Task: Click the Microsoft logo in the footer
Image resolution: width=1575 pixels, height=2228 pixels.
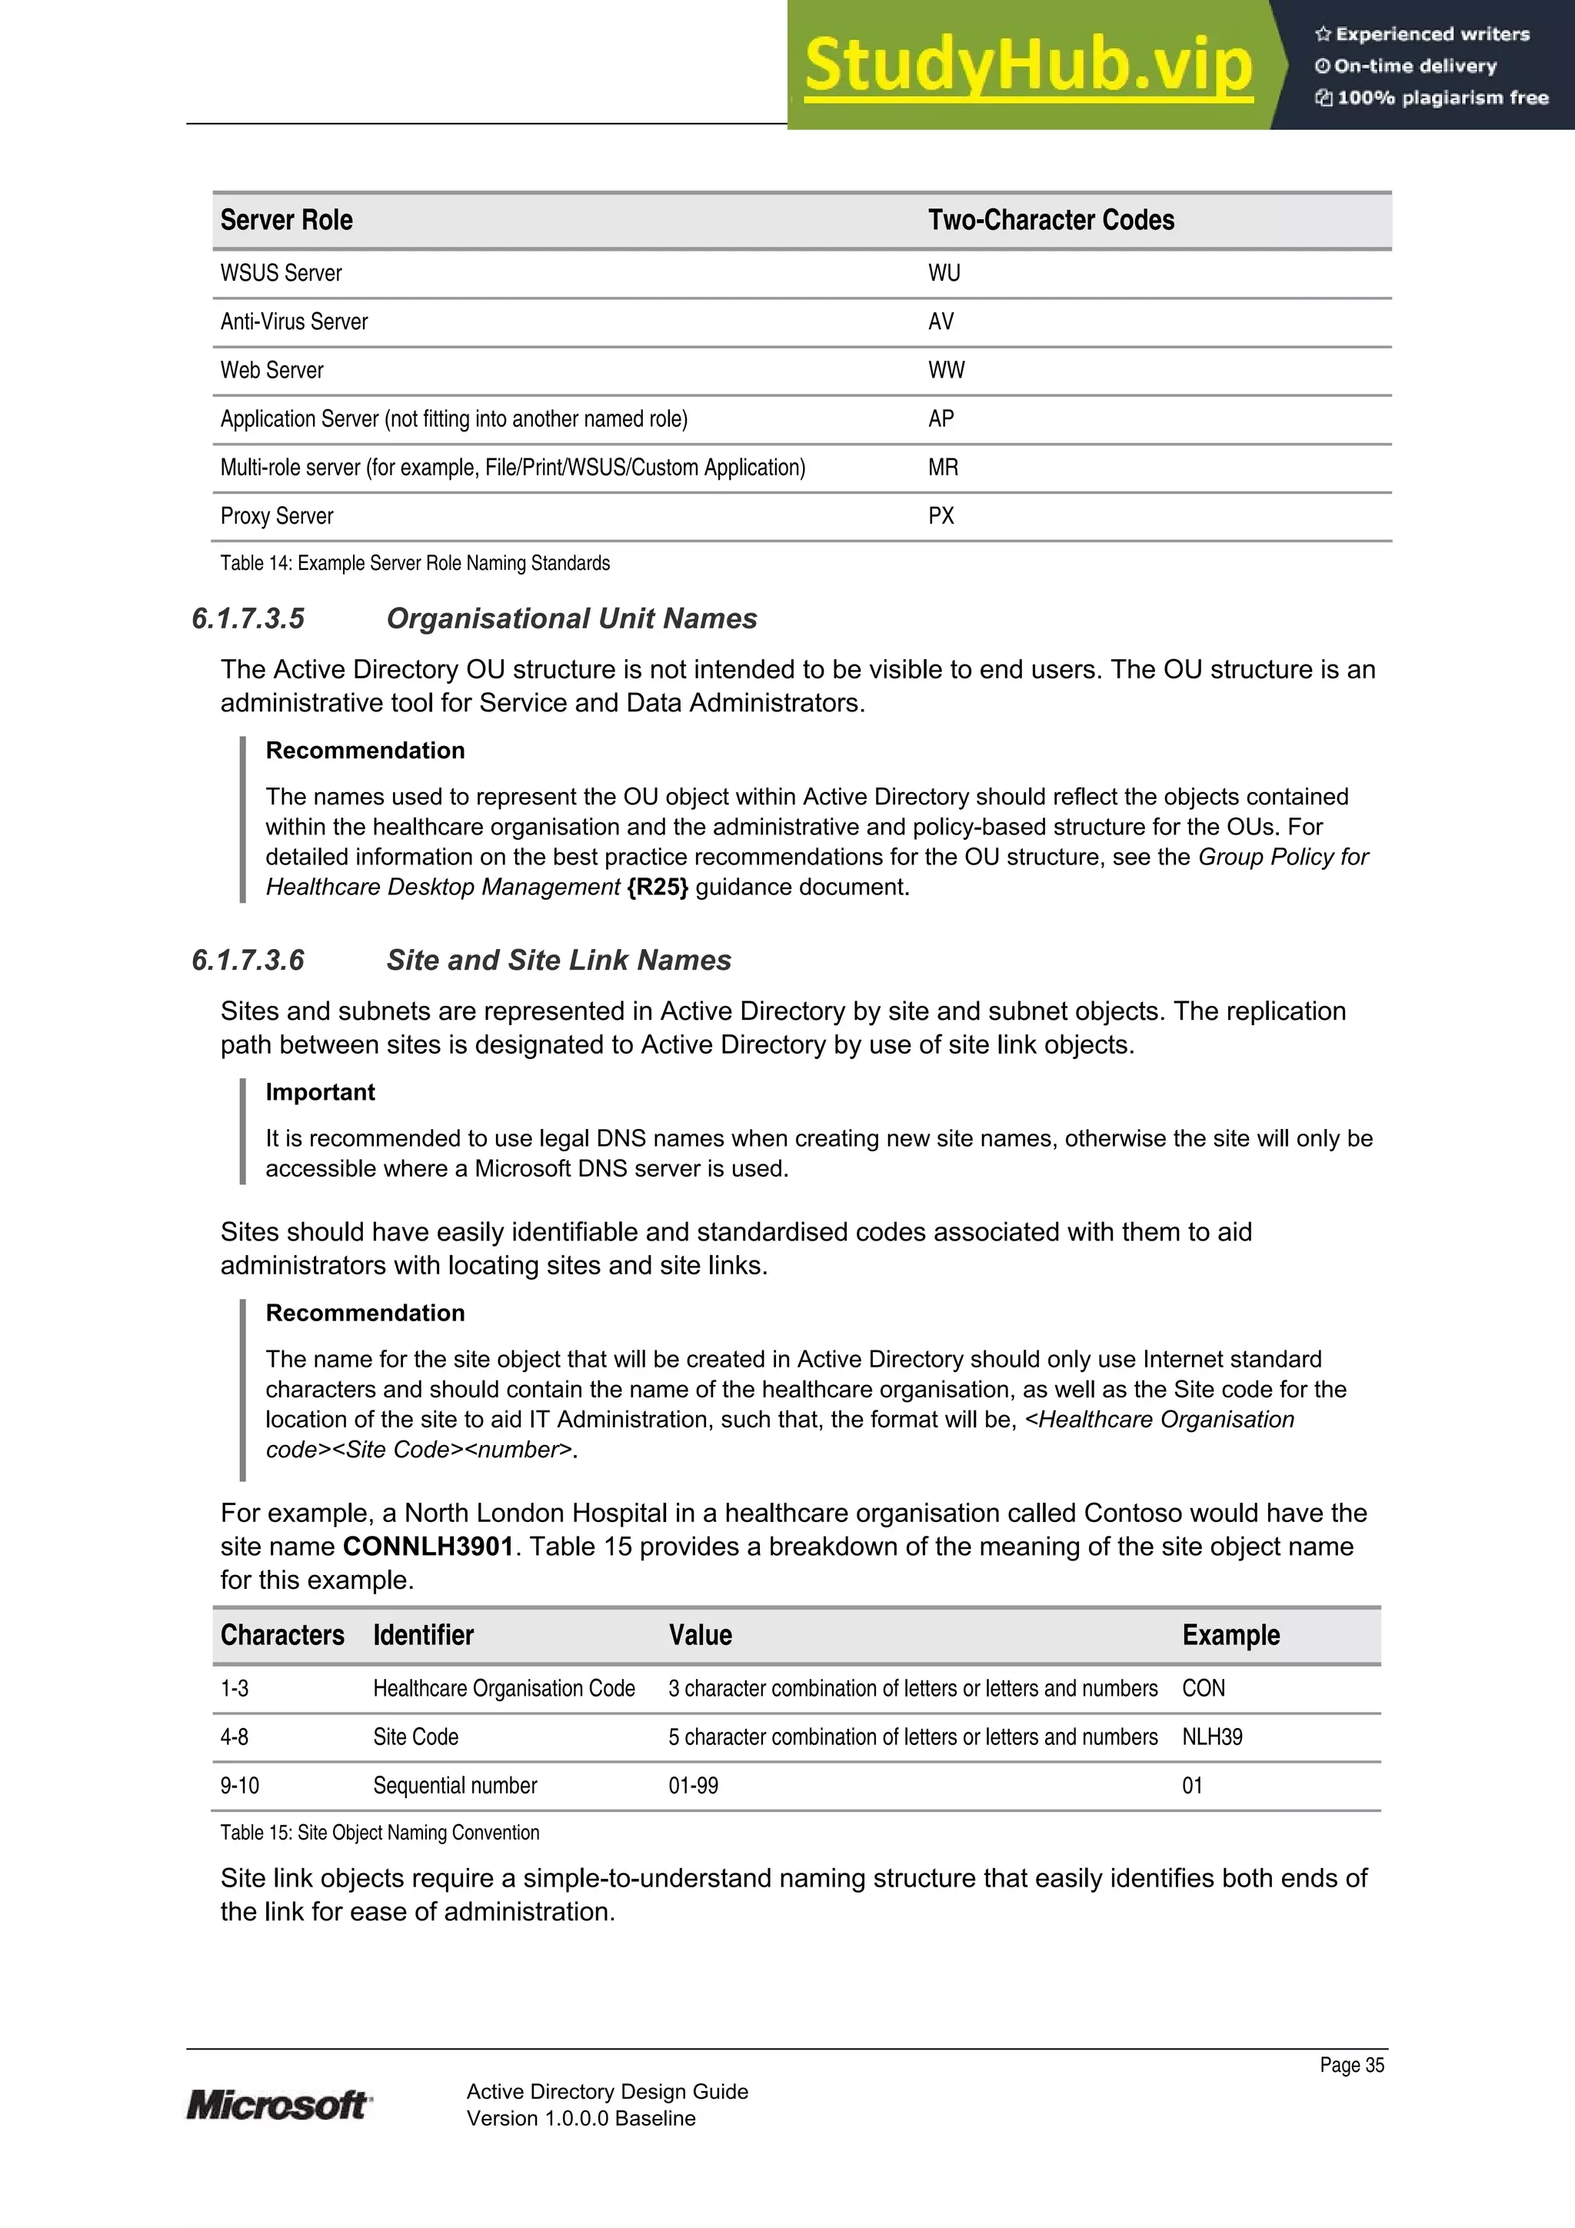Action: pyautogui.click(x=278, y=2105)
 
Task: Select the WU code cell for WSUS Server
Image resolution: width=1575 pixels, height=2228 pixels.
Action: pyautogui.click(x=944, y=274)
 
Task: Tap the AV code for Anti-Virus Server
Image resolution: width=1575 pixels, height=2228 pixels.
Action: pyautogui.click(x=941, y=322)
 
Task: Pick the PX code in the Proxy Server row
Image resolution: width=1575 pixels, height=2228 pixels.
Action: pyautogui.click(x=941, y=516)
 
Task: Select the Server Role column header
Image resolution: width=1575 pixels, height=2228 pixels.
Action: pyautogui.click(x=286, y=220)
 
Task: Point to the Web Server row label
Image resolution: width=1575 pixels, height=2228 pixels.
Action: pyautogui.click(x=271, y=371)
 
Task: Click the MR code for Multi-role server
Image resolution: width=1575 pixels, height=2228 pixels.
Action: pyautogui.click(x=942, y=468)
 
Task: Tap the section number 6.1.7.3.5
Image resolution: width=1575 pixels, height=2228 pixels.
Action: pyautogui.click(x=248, y=619)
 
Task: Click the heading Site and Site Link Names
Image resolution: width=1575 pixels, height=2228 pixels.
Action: pyautogui.click(x=558, y=961)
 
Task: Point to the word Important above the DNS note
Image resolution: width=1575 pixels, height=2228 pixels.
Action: pyautogui.click(x=320, y=1093)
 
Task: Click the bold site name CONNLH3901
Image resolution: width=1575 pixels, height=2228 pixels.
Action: pyautogui.click(x=428, y=1547)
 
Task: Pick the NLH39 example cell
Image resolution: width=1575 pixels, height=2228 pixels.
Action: pyautogui.click(x=1211, y=1738)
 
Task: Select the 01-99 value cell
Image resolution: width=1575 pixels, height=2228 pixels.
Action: pyautogui.click(x=693, y=1787)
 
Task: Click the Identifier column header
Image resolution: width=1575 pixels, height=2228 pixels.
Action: pyautogui.click(x=423, y=1636)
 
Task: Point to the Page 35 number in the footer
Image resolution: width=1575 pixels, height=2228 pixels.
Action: pyautogui.click(x=1351, y=2065)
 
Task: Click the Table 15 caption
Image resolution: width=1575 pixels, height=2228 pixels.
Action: pyautogui.click(x=379, y=1833)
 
